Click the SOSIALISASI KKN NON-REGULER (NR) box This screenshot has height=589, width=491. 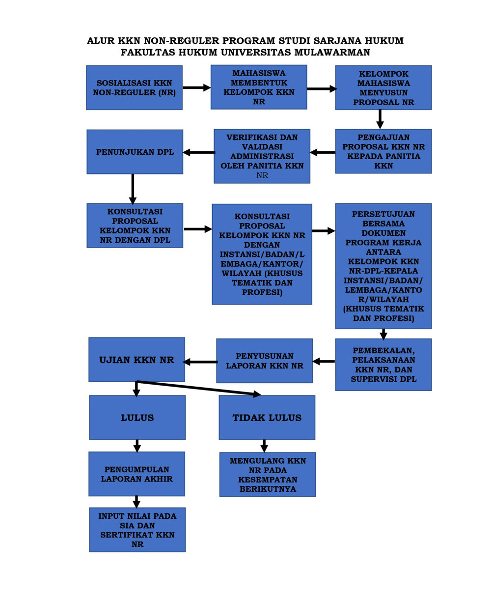(134, 87)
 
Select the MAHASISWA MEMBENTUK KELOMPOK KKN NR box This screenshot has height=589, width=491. (259, 87)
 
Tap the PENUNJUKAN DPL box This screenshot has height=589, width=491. (135, 151)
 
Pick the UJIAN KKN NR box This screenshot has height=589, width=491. (136, 359)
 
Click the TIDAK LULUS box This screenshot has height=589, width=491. (267, 418)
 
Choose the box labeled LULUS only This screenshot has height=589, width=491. (137, 418)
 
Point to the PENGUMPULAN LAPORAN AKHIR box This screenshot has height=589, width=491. (136, 474)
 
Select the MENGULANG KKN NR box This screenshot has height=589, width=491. (267, 475)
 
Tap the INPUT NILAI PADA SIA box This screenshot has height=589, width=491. (137, 530)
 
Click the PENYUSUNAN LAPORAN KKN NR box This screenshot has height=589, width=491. (264, 361)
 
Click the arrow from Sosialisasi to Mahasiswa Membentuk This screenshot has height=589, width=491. (196, 87)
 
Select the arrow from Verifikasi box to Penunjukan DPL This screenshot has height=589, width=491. (198, 152)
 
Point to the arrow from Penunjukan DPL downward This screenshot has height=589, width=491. (133, 189)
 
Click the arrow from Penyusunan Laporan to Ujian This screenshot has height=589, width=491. (200, 362)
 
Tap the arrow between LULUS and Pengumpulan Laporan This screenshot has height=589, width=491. (137, 446)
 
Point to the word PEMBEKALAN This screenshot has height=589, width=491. (383, 351)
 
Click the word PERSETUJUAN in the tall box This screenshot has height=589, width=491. (383, 214)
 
